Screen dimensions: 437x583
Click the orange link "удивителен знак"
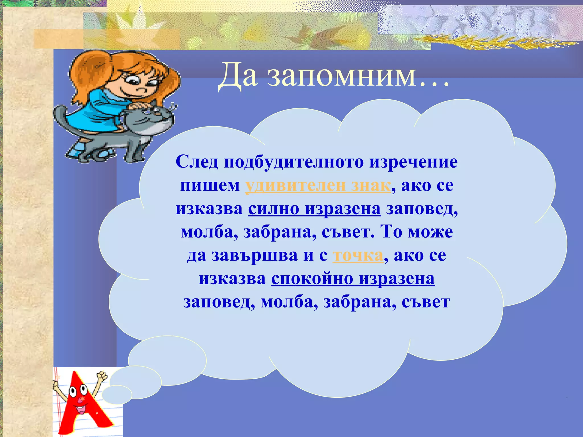(318, 186)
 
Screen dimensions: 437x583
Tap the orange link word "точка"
(358, 255)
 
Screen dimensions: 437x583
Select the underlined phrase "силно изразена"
(314, 209)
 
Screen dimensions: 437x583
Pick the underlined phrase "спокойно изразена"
(353, 279)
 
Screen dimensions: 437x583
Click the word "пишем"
(210, 186)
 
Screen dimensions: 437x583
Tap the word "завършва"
(254, 255)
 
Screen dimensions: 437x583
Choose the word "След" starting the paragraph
(197, 162)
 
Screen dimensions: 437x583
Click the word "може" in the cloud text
(430, 232)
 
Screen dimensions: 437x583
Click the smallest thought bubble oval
(117, 395)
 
